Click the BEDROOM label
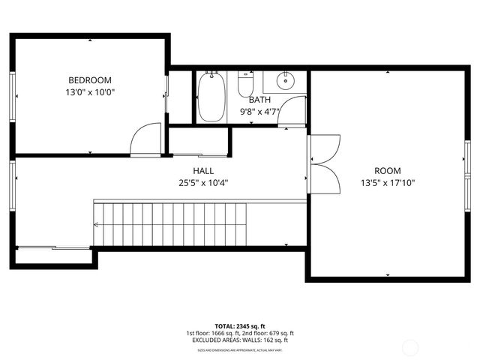pos(90,80)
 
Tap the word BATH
pos(260,100)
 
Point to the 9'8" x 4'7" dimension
pos(260,112)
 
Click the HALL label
pos(203,170)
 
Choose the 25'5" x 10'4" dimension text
pos(203,182)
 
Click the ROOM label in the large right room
pos(388,170)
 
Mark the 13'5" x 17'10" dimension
pos(388,182)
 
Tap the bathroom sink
pos(286,80)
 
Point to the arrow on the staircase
pos(96,223)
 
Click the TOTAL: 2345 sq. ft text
pos(240,326)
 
